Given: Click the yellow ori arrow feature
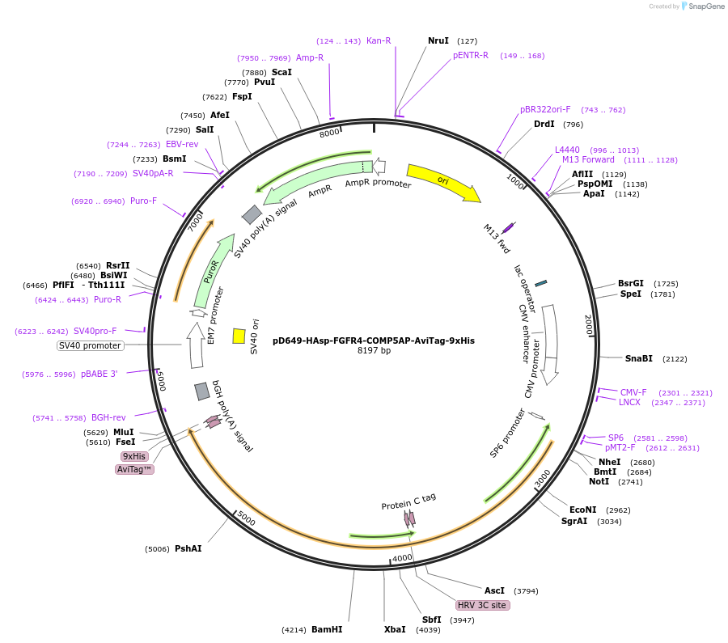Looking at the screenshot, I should click(x=442, y=183).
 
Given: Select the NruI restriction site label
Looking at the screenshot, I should click(x=438, y=40).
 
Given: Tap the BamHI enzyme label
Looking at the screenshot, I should click(x=327, y=629).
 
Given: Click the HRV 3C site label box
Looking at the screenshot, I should click(x=483, y=605).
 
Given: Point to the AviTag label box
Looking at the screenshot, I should click(x=135, y=469).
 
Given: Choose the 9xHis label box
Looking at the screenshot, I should click(x=134, y=456).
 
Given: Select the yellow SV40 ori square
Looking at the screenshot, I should click(x=239, y=336).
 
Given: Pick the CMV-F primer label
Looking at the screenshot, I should click(x=633, y=392).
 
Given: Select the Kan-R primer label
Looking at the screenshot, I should click(x=379, y=40).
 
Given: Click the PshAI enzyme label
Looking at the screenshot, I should click(x=188, y=548).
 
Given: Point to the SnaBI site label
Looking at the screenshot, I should click(x=638, y=358).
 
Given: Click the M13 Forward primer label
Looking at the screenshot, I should click(x=588, y=160).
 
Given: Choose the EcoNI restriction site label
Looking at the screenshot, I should click(x=582, y=510).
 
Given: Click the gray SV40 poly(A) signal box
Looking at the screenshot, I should click(x=252, y=214).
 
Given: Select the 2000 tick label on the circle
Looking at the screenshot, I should click(x=589, y=324).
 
